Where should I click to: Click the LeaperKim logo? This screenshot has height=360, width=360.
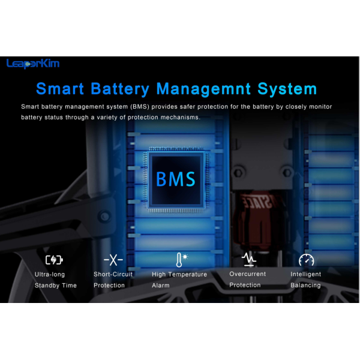[x=33, y=64]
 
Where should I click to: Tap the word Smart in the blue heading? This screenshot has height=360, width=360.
[x=60, y=89]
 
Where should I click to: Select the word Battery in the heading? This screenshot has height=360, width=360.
[x=120, y=89]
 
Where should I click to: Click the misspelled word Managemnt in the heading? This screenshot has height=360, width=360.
[x=203, y=89]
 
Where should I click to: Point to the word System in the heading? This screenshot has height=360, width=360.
[x=287, y=89]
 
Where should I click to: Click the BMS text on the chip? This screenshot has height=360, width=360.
[x=176, y=179]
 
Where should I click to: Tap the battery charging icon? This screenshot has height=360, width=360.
[x=54, y=260]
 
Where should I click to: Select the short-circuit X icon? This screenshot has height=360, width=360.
[x=113, y=260]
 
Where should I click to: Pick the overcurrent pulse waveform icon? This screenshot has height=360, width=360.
[x=249, y=259]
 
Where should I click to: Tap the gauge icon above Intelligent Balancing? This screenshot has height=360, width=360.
[x=306, y=260]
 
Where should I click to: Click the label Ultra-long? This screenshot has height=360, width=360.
[x=50, y=274]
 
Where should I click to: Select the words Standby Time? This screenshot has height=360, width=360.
[x=56, y=286]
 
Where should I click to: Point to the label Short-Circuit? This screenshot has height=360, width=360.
[x=113, y=274]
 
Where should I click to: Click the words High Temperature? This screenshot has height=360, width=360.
[x=179, y=274]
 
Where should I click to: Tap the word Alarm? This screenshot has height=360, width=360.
[x=161, y=286]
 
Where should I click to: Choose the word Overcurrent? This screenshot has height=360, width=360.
[x=247, y=274]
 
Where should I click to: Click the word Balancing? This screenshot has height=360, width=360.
[x=305, y=285]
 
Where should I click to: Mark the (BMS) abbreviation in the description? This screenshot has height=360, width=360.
[x=140, y=107]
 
